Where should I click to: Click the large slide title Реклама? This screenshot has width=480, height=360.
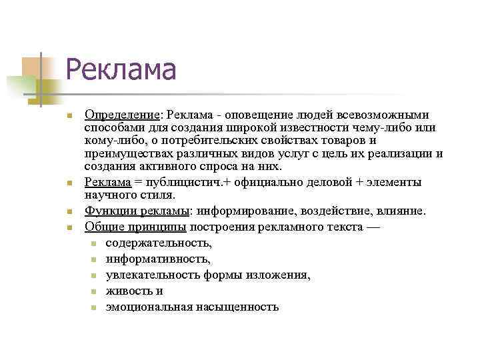click(121, 69)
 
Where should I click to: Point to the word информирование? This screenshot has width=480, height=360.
click(247, 211)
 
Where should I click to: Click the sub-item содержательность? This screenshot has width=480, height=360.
click(159, 243)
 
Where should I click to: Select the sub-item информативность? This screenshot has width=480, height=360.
click(158, 259)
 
